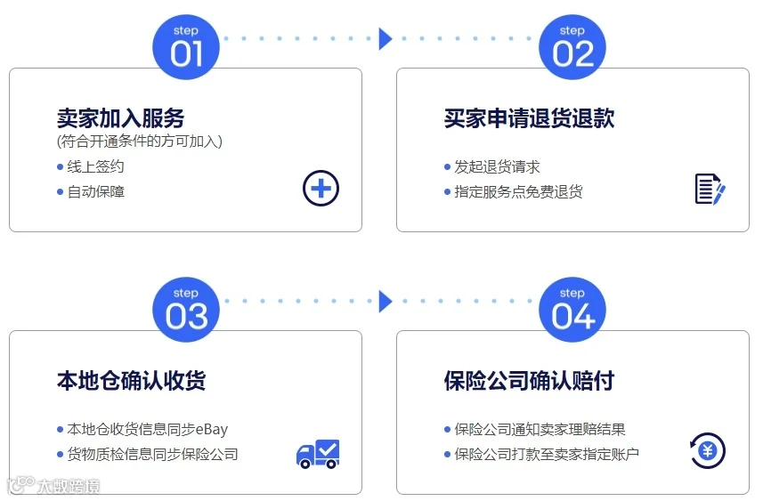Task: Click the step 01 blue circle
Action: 186,47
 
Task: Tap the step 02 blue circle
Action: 572,47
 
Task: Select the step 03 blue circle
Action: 186,310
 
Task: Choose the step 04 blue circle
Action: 572,310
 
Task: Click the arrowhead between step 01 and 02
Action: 386,39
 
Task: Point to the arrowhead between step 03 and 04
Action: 386,302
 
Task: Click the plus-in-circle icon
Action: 321,189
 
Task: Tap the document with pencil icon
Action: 710,190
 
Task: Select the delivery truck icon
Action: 318,454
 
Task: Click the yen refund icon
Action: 708,451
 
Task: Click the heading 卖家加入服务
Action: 120,117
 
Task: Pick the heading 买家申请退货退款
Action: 529,117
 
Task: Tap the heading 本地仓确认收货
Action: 131,380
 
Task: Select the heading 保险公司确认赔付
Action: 529,380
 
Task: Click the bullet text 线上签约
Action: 95,166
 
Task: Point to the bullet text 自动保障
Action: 95,191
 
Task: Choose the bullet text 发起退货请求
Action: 497,166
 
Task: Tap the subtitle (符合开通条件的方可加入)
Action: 140,141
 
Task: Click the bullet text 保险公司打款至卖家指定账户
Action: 547,455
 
